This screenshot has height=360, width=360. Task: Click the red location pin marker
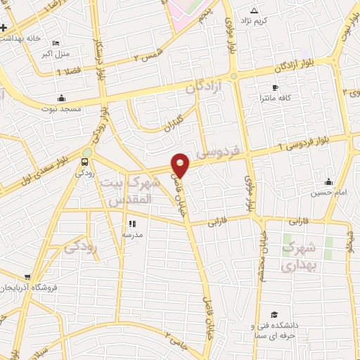181,165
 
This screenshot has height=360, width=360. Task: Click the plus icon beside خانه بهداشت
4,28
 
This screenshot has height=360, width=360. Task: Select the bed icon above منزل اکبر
56,43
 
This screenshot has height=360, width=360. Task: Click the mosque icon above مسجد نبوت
62,98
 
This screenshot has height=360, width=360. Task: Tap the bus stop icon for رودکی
85,162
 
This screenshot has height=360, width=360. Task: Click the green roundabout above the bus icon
86,152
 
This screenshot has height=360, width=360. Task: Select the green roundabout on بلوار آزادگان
233,76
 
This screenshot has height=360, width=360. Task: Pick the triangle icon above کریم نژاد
255,11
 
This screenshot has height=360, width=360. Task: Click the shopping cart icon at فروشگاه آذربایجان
27,277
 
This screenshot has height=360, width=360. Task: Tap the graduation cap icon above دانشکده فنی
274,315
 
